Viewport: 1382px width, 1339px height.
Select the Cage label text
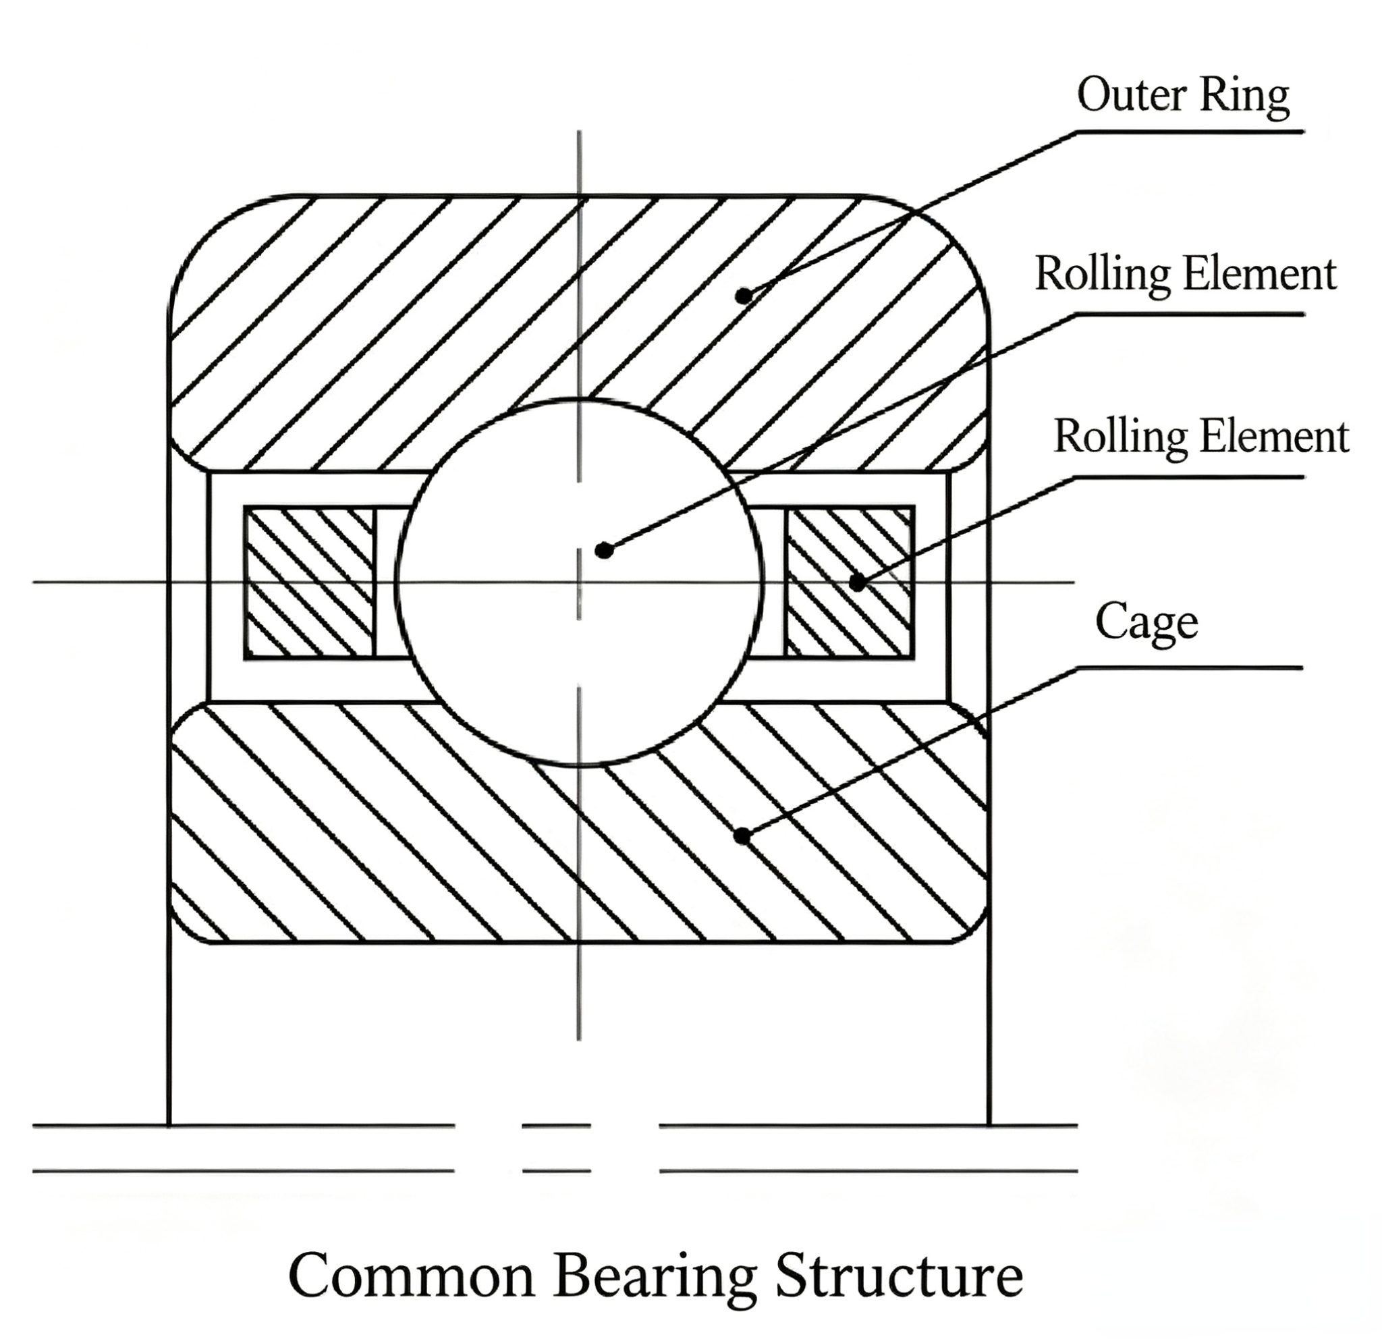tap(1146, 622)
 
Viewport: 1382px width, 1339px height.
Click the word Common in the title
tap(412, 1276)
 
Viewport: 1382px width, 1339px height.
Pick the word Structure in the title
tap(899, 1276)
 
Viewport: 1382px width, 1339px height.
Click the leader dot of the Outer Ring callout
tap(744, 296)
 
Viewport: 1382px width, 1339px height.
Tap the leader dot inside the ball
tap(603, 550)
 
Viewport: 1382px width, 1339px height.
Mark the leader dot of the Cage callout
tap(742, 836)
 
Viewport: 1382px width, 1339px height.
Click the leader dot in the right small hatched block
tap(858, 583)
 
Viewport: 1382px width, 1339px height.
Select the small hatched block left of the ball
tap(309, 582)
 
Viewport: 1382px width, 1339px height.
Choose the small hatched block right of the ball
tap(850, 582)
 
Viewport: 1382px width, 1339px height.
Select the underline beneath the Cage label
tap(1190, 667)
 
